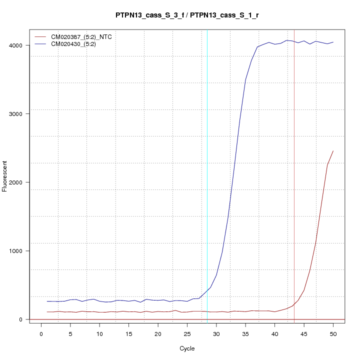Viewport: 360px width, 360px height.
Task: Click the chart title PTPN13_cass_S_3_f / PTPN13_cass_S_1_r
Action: click(x=187, y=15)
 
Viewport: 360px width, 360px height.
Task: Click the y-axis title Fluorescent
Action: click(x=5, y=176)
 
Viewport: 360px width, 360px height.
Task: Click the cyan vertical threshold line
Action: click(x=207, y=150)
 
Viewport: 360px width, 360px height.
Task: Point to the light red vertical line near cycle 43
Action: click(x=294, y=150)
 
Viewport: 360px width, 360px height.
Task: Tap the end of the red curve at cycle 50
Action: click(x=333, y=151)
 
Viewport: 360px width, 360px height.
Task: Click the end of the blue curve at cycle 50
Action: click(x=333, y=42)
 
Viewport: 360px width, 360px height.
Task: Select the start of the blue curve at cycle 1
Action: click(x=47, y=301)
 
